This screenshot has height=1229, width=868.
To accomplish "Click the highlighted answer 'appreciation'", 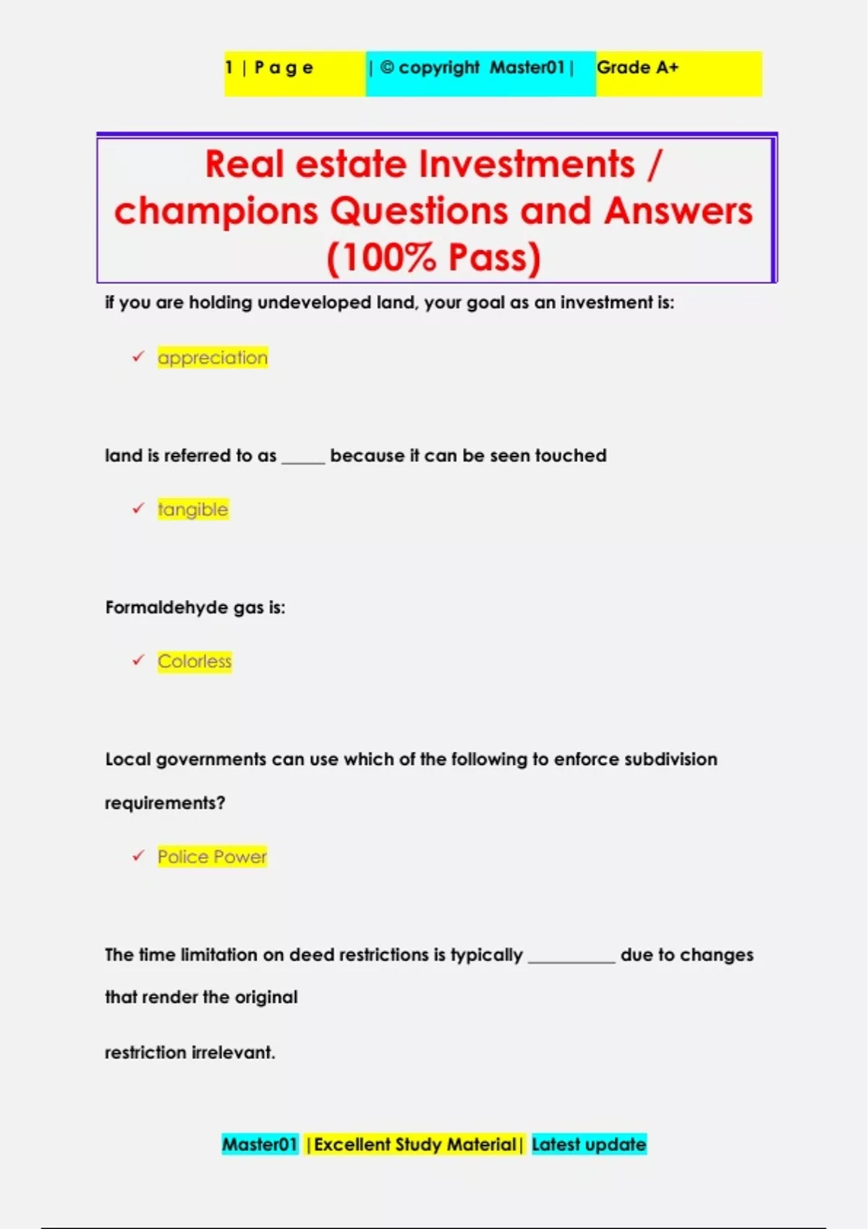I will pos(213,358).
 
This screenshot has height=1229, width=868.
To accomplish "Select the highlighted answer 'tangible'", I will pos(193,510).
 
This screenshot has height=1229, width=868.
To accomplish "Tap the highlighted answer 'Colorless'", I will pos(195,661).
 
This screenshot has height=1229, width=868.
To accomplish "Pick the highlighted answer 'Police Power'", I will pos(212,857).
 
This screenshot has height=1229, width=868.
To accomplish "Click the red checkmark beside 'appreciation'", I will pos(138,356).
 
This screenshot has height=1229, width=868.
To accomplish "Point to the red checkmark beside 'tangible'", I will pos(138,508).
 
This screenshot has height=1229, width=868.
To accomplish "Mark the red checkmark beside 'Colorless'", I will pos(138,660).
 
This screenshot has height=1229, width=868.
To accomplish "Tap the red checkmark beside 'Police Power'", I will pos(138,855).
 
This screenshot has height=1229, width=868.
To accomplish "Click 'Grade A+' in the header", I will pos(637,68).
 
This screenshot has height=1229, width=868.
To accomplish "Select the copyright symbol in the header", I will pos(387,67).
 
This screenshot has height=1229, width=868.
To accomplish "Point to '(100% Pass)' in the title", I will pos(433,258).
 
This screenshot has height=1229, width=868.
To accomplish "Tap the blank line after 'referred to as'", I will pos(303,461).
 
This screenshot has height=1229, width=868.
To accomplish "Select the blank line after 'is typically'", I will pos(571,959).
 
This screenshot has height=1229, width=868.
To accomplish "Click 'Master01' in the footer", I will pos(260,1144).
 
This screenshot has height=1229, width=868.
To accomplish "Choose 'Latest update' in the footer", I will pos(589,1144).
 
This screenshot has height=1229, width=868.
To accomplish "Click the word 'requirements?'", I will pos(165,803).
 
